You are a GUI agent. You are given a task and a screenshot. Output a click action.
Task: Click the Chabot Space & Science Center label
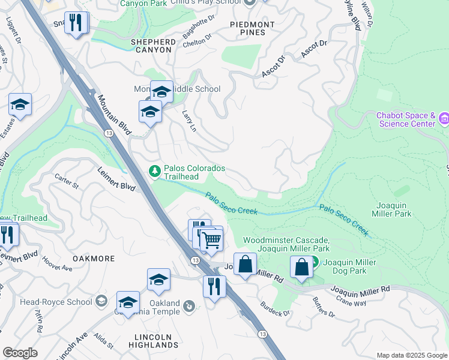[x=406, y=119]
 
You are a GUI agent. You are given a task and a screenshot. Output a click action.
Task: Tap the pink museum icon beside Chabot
[x=444, y=119]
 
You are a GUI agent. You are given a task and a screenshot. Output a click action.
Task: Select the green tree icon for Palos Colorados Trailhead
[x=155, y=172]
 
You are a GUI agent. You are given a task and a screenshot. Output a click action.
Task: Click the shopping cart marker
[x=211, y=240]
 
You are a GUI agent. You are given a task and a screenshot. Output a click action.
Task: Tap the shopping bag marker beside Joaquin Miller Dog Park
[x=301, y=267]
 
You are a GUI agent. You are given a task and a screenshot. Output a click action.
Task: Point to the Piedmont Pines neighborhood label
[x=252, y=28]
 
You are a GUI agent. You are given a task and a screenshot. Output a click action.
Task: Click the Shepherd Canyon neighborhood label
[x=154, y=46]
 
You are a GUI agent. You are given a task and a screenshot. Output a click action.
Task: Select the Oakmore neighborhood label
[x=93, y=258]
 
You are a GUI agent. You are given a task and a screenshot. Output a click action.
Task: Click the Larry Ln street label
[x=189, y=120]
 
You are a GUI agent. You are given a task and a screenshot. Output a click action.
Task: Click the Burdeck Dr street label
[x=275, y=309]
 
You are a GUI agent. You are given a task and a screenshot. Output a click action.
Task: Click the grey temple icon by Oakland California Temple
[x=189, y=306]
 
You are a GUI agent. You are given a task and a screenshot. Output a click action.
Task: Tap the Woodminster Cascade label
[x=286, y=244]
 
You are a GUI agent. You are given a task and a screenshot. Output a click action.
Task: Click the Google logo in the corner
[x=20, y=353]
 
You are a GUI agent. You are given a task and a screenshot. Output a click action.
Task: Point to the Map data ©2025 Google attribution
[x=411, y=355]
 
